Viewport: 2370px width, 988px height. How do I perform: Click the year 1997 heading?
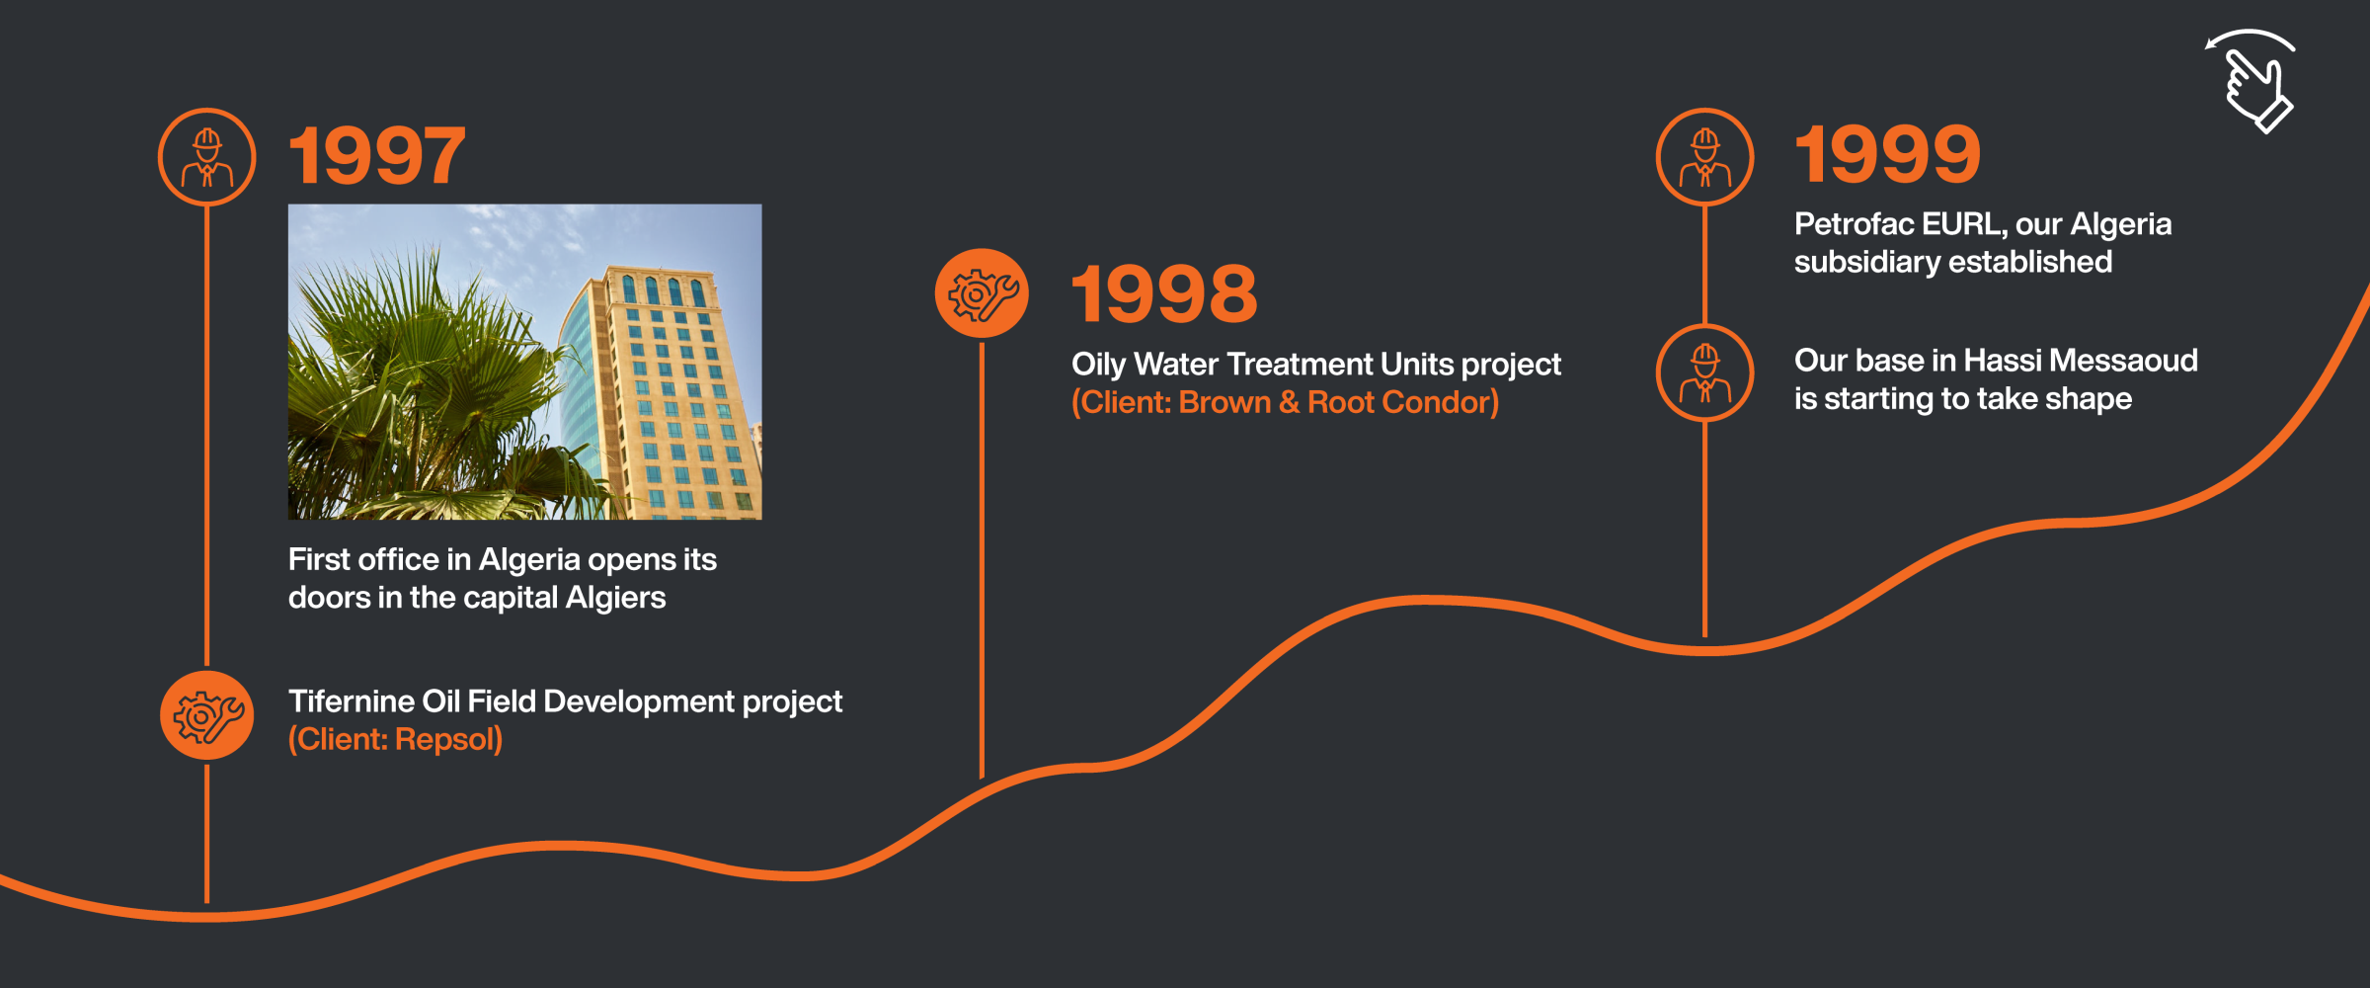click(x=376, y=155)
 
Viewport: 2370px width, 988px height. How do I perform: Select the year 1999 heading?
click(x=1887, y=154)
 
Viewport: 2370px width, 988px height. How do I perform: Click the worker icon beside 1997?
click(x=207, y=157)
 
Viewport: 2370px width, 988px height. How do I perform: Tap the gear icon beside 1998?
click(x=982, y=293)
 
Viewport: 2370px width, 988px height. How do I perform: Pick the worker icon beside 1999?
click(x=1705, y=157)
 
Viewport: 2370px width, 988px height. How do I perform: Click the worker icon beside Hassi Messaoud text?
click(x=1705, y=372)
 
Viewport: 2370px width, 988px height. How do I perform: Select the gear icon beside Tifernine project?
click(x=207, y=715)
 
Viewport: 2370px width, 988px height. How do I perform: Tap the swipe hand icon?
click(x=2251, y=81)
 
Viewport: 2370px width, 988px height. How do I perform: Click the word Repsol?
click(x=448, y=739)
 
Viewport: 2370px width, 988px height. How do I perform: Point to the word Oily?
click(x=1098, y=365)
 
